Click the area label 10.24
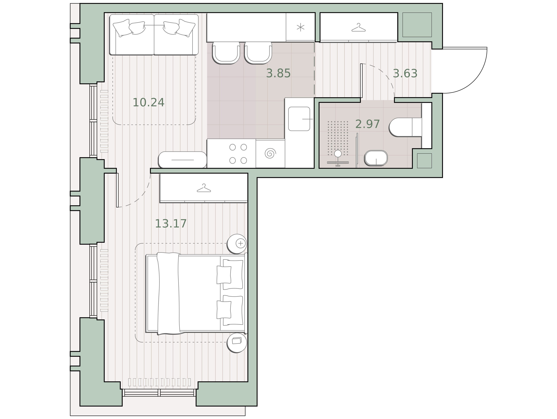point(148,102)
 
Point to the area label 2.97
point(367,124)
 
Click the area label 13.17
point(171,224)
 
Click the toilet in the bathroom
point(405,127)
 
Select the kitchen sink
point(299,119)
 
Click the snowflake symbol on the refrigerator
point(300,27)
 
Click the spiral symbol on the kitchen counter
point(270,153)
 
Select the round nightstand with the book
point(237,343)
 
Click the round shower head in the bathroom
point(338,153)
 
